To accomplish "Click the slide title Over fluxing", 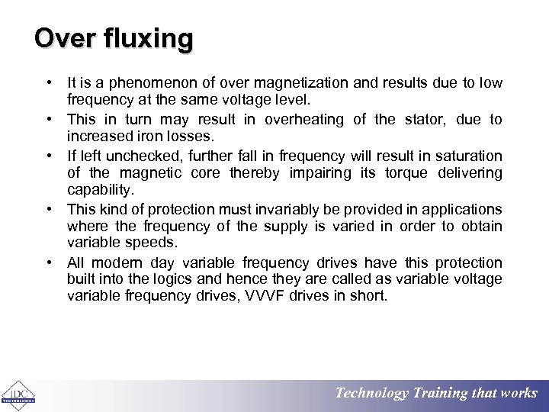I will coord(114,38).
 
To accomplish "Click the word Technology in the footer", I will coord(372,394).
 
